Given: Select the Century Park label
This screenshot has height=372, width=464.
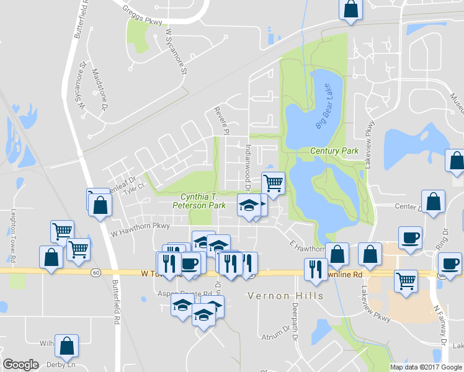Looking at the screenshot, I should point(334,151).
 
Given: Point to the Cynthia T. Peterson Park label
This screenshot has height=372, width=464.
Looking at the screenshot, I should point(198,200).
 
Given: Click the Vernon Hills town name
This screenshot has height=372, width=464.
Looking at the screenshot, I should point(285,296).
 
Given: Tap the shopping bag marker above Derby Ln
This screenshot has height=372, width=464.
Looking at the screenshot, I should point(66,345).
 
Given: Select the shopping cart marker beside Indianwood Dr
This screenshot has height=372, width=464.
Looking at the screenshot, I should point(273,183).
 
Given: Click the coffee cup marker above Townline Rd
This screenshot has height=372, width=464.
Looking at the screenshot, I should point(409,237).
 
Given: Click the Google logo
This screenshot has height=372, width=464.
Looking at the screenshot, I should point(21,365).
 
